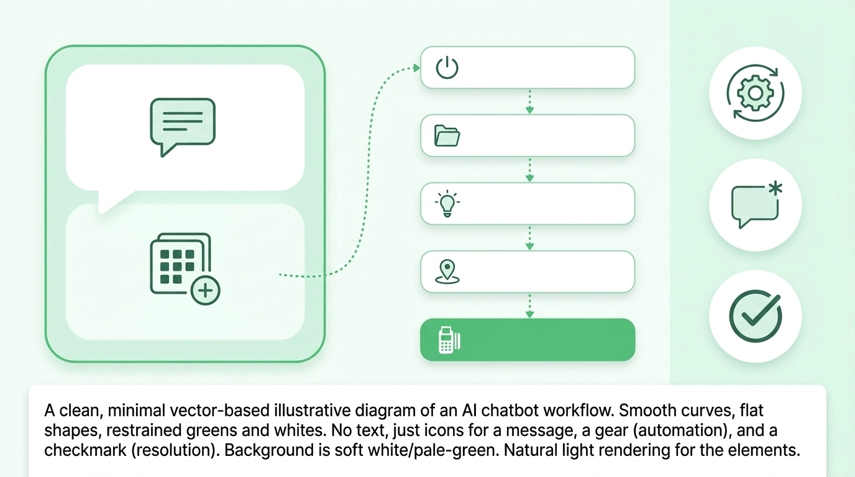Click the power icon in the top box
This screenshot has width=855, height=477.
(447, 67)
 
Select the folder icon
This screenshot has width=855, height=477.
(447, 135)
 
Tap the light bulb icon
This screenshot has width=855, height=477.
(447, 204)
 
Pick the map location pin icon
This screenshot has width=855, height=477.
(447, 272)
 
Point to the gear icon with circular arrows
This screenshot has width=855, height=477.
(755, 93)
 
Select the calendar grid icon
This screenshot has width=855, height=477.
(180, 264)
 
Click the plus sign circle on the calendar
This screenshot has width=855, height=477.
(205, 290)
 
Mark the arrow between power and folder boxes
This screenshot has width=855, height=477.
(529, 102)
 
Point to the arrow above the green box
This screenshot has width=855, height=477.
(529, 306)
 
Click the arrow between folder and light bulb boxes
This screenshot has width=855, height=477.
(529, 170)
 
